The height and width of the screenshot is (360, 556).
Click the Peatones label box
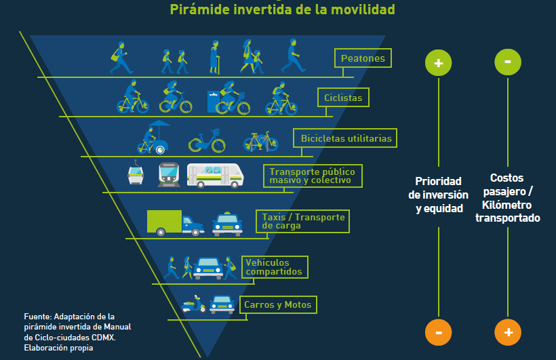(x=363, y=58)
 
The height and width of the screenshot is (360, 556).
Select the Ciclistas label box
(x=343, y=98)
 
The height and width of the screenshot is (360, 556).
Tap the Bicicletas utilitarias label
(x=346, y=138)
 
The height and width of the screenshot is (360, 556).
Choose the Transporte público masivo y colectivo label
(x=313, y=176)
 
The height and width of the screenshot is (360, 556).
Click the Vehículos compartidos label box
(x=275, y=267)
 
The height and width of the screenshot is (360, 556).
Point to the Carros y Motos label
(x=277, y=305)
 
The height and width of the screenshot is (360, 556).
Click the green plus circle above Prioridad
(x=438, y=63)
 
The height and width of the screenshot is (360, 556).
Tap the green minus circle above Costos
(x=508, y=62)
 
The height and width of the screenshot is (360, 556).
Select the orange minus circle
(x=438, y=332)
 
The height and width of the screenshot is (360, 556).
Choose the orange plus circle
(x=508, y=332)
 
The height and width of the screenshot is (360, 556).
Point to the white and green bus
(x=214, y=175)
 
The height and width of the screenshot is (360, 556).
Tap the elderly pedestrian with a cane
(x=214, y=57)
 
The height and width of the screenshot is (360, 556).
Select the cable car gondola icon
(x=136, y=174)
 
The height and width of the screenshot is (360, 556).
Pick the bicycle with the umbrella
(x=153, y=138)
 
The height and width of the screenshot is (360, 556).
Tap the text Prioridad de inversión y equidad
(x=438, y=195)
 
